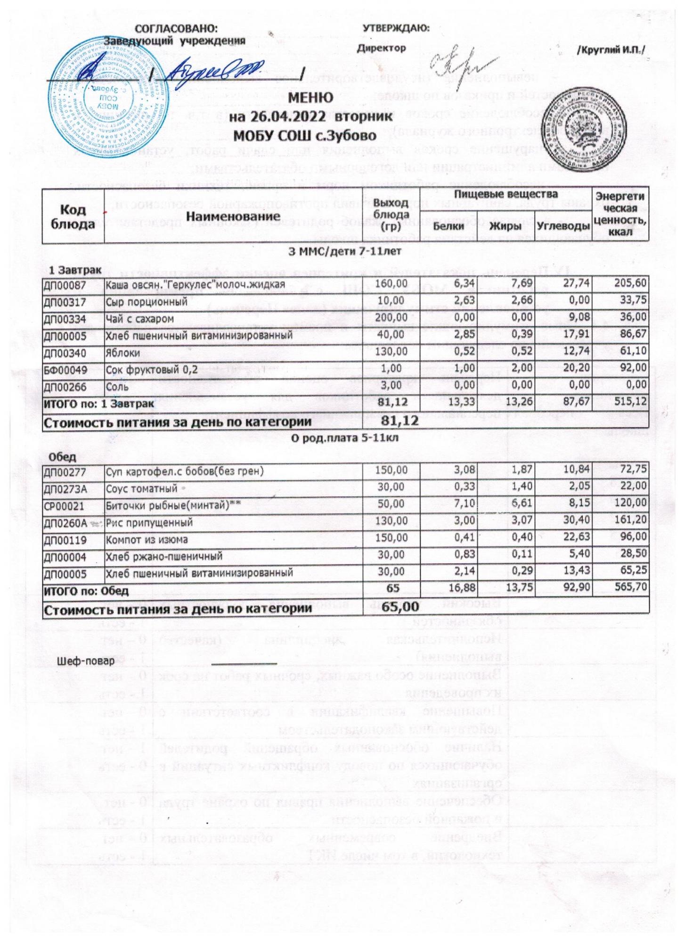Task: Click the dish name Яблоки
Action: tap(122, 352)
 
